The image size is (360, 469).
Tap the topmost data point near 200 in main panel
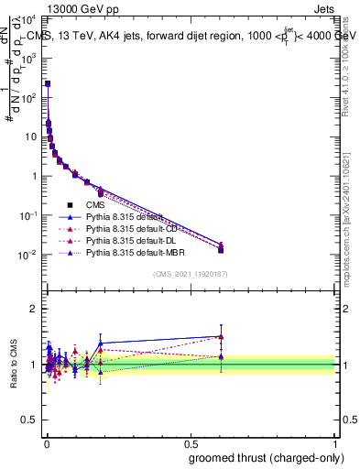48,83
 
